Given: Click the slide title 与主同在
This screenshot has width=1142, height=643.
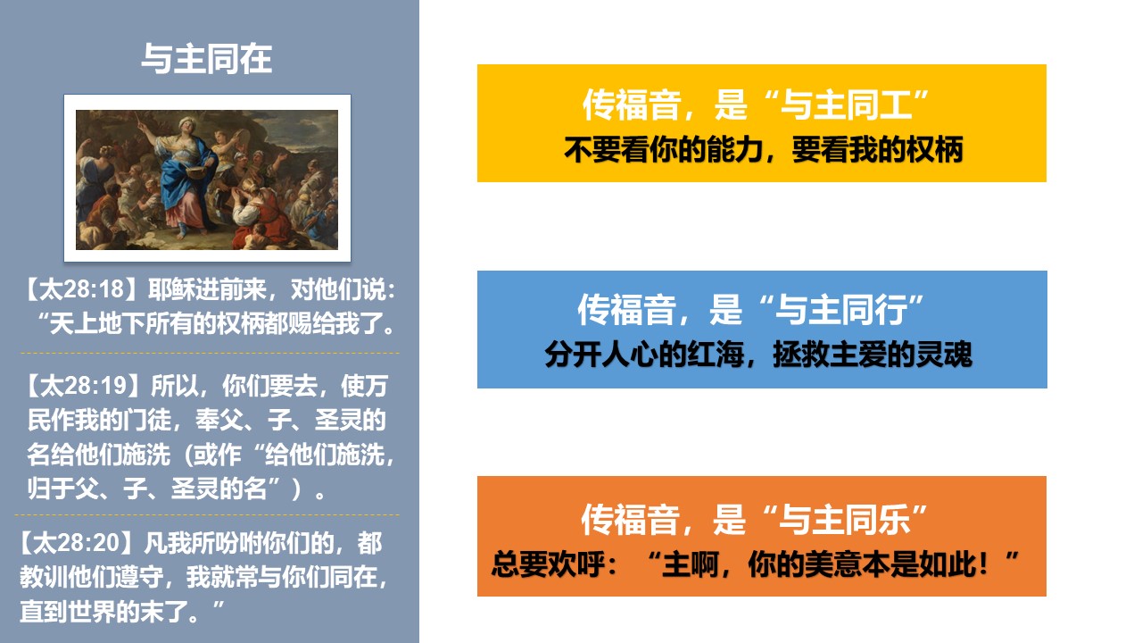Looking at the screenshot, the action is point(206,58).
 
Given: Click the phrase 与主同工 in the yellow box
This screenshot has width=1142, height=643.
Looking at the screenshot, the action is point(847,104).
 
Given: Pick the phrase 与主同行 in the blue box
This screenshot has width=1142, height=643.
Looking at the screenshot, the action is point(841,310).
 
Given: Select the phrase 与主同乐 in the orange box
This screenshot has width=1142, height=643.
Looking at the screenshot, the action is point(845,520).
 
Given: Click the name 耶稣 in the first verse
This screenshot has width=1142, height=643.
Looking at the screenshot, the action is point(171,289).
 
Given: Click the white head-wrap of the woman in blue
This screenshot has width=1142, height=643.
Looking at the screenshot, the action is point(186,122).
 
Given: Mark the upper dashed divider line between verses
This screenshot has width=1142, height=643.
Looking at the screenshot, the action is point(210,353).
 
